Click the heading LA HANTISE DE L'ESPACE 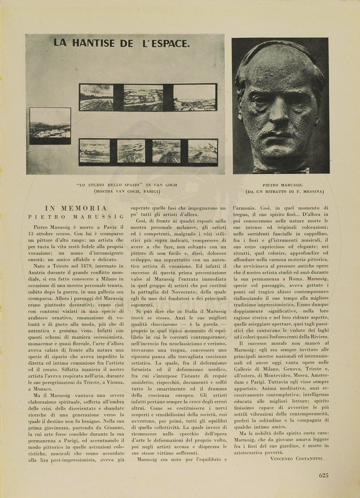click(121, 43)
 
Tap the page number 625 click(324, 475)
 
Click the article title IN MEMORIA click(76, 208)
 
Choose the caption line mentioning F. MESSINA click(280, 191)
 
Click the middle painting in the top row click(143, 98)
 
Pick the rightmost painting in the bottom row click(203, 151)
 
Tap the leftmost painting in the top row click(97, 97)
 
